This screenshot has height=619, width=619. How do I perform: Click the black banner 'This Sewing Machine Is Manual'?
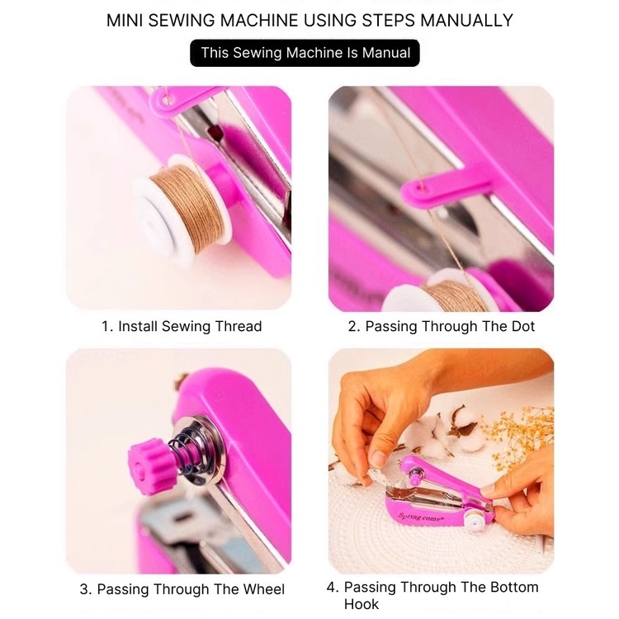tap(305, 53)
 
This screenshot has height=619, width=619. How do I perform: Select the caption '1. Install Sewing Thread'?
tap(182, 326)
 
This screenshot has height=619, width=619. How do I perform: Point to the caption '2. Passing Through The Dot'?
tap(441, 326)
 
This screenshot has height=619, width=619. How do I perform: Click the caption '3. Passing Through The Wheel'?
tap(182, 589)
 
